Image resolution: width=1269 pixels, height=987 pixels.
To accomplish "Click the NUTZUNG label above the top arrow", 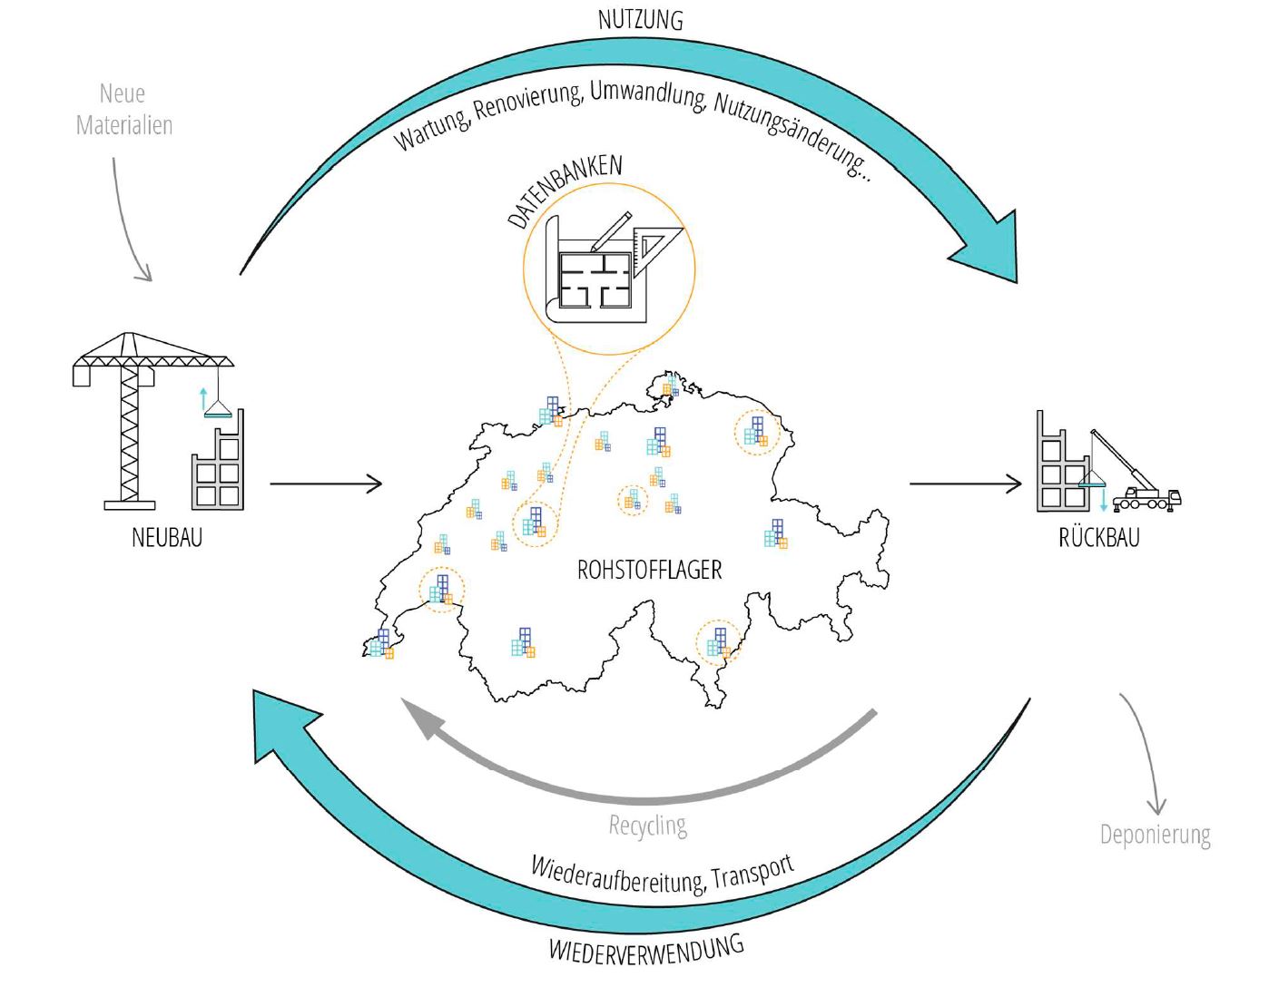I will click(x=640, y=19).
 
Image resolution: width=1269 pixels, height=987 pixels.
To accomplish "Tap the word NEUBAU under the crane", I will click(x=167, y=537).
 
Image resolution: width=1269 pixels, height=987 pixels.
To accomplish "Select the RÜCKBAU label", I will click(x=1098, y=537).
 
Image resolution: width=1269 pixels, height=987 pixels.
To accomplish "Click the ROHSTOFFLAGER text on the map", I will click(x=650, y=570).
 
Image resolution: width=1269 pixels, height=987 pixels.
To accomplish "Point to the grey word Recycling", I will click(x=647, y=826).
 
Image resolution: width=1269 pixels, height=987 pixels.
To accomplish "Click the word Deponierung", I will click(x=1155, y=835).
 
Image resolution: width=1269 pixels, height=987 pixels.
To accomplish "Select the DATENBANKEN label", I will click(x=565, y=191).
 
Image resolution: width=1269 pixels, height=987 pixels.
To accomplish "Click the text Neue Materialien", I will click(x=123, y=109).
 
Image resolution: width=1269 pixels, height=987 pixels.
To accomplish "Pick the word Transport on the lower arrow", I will click(x=753, y=873).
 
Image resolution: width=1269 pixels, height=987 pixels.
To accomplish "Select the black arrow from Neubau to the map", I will click(x=326, y=484).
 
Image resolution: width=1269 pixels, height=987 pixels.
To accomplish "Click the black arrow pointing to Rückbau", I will click(x=966, y=484).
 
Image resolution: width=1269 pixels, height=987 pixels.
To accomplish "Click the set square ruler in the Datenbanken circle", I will click(x=654, y=243).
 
